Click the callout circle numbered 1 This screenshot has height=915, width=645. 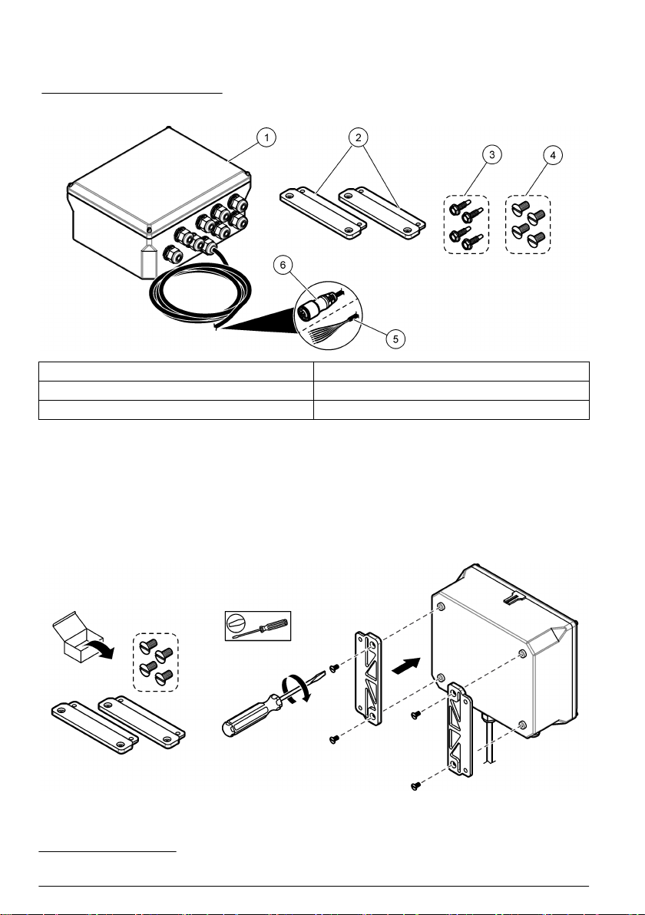click(266, 138)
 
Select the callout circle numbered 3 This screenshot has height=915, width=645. click(492, 154)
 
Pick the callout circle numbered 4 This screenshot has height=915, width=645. click(551, 154)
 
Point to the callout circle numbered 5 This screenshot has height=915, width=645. click(396, 337)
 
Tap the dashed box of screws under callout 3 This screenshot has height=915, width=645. click(467, 223)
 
